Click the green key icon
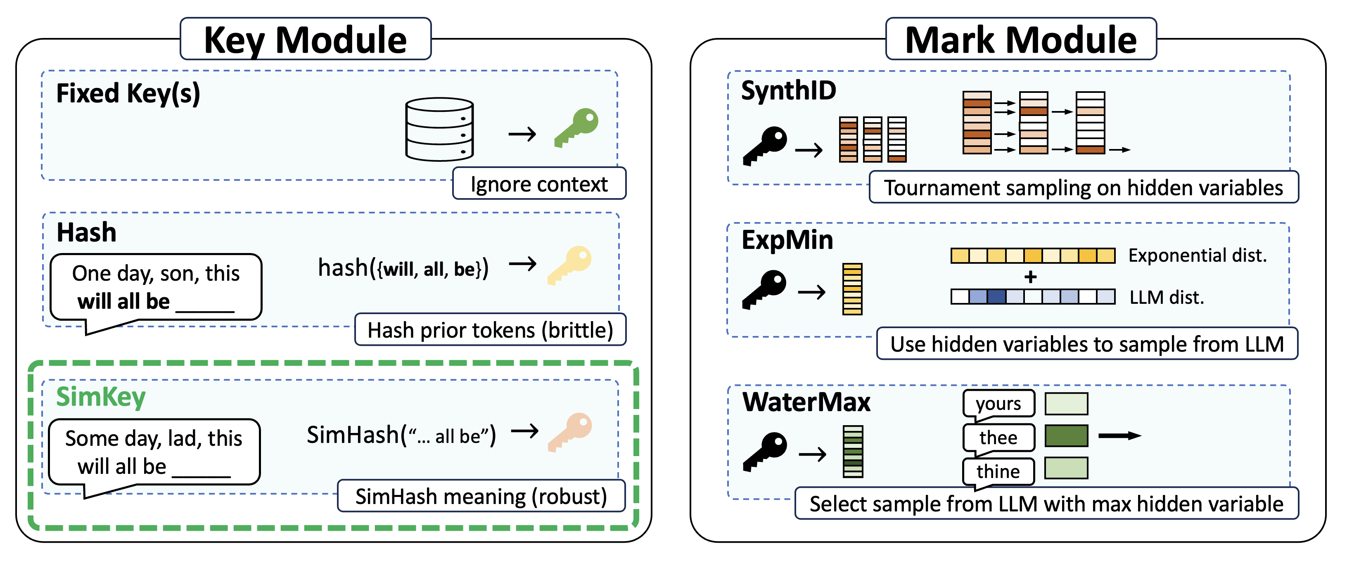click(x=577, y=127)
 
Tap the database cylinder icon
click(x=439, y=129)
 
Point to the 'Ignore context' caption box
click(x=539, y=184)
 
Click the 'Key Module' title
click(x=306, y=40)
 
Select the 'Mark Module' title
click(x=1021, y=40)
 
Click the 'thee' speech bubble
click(x=998, y=438)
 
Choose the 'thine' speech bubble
click(x=998, y=471)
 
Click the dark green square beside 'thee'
click(x=1066, y=435)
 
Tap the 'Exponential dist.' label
click(x=1198, y=255)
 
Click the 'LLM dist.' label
click(x=1167, y=298)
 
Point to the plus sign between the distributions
click(x=1030, y=277)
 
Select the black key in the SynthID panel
click(x=765, y=146)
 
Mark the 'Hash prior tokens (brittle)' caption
click(x=490, y=330)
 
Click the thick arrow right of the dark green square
click(x=1119, y=435)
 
